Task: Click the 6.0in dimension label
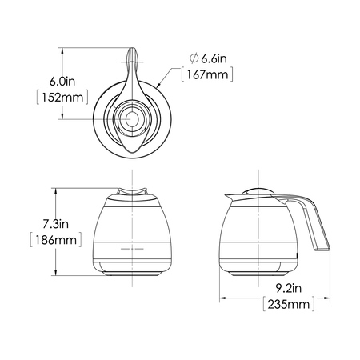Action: (x=62, y=82)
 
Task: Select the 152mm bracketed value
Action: (x=62, y=98)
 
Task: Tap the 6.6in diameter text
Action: (x=214, y=58)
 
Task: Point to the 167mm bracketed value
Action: (x=207, y=74)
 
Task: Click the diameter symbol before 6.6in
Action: (x=194, y=58)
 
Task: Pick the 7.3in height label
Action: (x=56, y=224)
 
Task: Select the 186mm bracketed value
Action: (x=56, y=240)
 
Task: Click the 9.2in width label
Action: (x=289, y=288)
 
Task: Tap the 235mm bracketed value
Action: (x=289, y=304)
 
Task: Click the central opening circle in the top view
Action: (x=132, y=118)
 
